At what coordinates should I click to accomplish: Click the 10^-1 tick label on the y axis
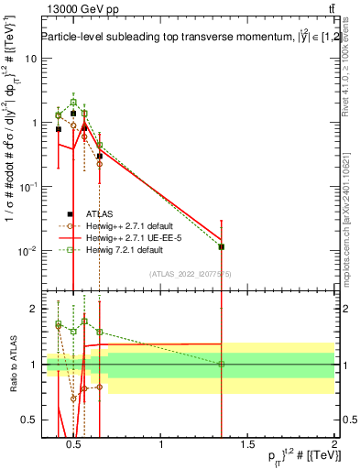pos(27,187)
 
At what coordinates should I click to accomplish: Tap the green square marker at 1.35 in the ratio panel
pos(221,365)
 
